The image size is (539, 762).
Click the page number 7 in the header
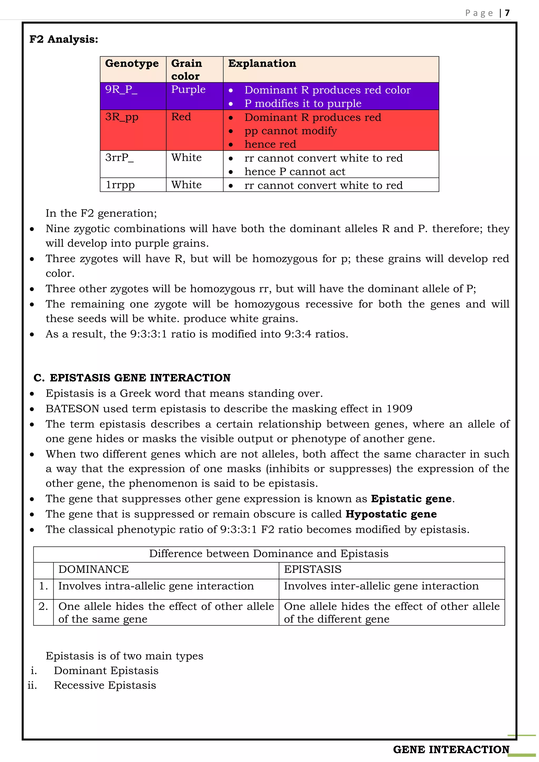(507, 13)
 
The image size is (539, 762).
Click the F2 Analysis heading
(64, 39)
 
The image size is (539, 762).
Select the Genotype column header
(132, 63)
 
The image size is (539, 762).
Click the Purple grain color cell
(188, 90)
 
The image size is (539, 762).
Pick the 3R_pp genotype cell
(122, 117)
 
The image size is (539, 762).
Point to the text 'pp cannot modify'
(290, 131)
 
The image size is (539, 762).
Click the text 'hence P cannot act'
(295, 172)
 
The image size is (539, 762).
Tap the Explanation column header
(262, 63)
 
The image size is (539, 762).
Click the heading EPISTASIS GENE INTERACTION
(140, 378)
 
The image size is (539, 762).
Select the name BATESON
(72, 409)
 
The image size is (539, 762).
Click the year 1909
(399, 409)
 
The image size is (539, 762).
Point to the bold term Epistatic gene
(411, 499)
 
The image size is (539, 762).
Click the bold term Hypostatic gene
(391, 514)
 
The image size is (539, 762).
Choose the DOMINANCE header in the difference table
(94, 569)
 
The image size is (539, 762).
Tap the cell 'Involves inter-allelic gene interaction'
(381, 586)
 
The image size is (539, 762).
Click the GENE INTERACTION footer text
(451, 749)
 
